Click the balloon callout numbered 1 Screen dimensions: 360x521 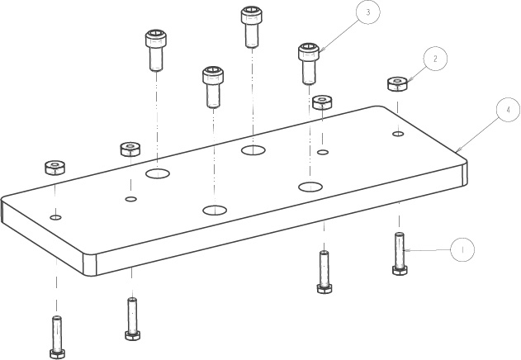(462, 248)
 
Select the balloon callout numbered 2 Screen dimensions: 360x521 (435, 59)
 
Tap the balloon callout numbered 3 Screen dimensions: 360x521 (368, 13)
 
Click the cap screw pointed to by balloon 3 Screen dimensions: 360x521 (309, 63)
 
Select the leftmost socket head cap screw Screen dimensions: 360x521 (156, 50)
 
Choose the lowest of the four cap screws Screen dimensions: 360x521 (213, 86)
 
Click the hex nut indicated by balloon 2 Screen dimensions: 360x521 (398, 83)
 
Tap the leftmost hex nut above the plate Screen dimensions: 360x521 (55, 167)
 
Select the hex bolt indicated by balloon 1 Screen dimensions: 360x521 (400, 253)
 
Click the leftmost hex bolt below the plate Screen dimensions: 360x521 (57, 336)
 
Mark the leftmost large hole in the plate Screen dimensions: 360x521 (157, 173)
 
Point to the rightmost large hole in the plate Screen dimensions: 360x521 (310, 186)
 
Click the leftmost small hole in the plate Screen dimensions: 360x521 (55, 217)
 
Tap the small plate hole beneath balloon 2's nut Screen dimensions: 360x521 (398, 133)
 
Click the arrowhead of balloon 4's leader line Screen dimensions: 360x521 (457, 150)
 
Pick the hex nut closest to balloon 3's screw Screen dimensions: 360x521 (322, 102)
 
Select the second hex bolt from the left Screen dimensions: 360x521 (131, 318)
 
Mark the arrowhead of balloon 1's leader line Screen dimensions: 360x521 (405, 249)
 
